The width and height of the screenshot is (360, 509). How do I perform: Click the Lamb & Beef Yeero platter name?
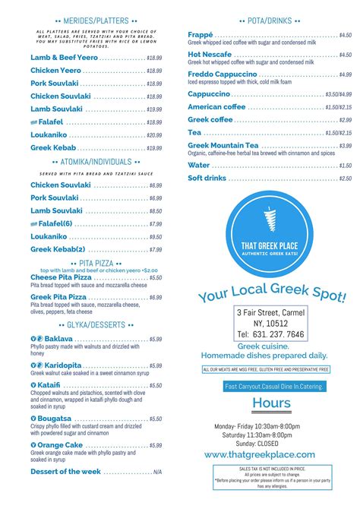(64, 57)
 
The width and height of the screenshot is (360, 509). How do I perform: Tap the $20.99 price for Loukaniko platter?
(154, 135)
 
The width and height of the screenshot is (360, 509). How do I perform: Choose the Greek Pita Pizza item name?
(58, 297)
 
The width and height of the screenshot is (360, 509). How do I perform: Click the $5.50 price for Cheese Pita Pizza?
(155, 278)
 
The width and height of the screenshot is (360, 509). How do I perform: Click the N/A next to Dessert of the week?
(157, 472)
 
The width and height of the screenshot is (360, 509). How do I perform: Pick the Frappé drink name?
(201, 35)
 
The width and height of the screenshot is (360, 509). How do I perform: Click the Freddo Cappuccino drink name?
(222, 74)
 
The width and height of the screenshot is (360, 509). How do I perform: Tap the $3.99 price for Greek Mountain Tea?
(345, 146)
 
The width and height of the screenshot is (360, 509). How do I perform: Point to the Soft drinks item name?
(207, 179)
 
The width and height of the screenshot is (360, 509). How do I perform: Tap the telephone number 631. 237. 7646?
(270, 334)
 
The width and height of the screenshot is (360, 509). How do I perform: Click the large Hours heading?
(271, 403)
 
